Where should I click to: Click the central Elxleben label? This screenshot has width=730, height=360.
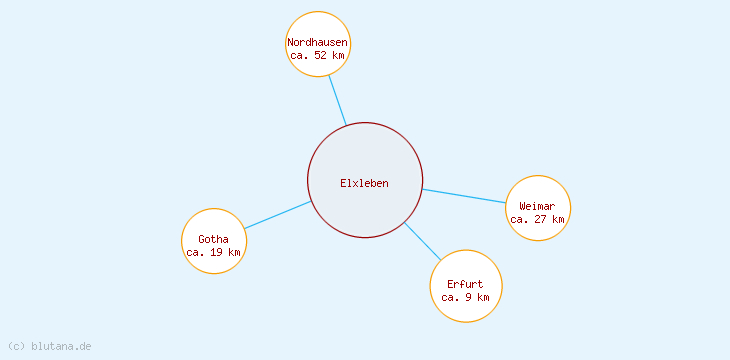pos(364,183)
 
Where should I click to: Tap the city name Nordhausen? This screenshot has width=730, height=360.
pos(318,43)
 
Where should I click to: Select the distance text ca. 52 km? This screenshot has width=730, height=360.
pos(318,56)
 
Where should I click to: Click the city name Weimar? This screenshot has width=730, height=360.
pos(537,206)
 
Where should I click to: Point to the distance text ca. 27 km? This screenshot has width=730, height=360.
pos(537,219)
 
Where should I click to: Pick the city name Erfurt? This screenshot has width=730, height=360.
pos(465,284)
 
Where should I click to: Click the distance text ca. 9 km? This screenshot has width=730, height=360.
pos(465,297)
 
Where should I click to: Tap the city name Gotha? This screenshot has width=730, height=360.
pos(213,239)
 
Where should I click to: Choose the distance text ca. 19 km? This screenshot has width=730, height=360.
pos(213,252)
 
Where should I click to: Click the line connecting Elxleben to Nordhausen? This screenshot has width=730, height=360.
pos(337,99)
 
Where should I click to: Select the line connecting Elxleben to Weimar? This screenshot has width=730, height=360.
pos(464,196)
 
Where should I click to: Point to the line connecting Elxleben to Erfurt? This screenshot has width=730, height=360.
pos(422,241)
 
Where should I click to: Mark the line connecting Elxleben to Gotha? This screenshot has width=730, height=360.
pos(278,215)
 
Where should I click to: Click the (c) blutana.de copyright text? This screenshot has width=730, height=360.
pos(49,346)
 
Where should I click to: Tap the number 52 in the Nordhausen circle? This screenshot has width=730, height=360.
pos(320,56)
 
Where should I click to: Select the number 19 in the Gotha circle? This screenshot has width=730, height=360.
pos(216,252)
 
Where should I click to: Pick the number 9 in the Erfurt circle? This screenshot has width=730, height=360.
pos(470,297)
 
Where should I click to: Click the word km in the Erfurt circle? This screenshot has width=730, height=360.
pos(483,297)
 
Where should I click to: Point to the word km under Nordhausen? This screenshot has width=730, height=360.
pos(339,56)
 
